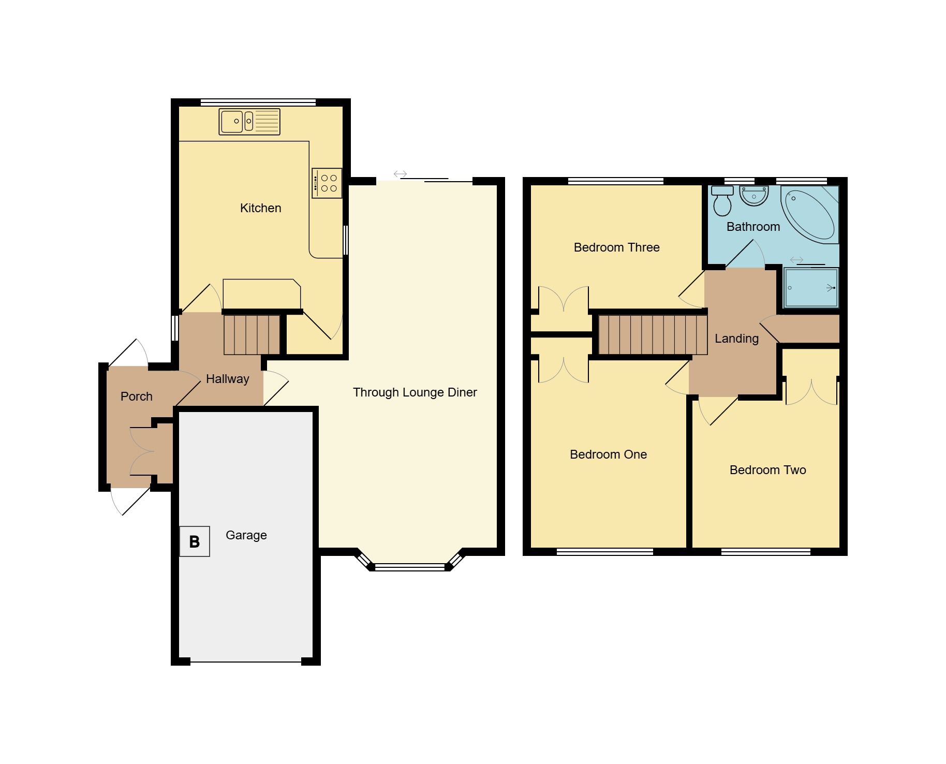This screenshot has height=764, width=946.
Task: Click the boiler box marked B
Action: click(x=195, y=541)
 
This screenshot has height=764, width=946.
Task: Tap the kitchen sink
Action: click(x=249, y=122)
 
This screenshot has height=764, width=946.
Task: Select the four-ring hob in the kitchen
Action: click(x=327, y=183)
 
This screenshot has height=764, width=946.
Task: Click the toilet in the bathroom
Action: click(x=722, y=200)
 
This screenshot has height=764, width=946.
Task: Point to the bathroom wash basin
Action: click(x=754, y=196)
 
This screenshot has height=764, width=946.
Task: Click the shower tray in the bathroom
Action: click(x=811, y=288)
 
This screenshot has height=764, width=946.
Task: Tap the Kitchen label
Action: click(x=260, y=208)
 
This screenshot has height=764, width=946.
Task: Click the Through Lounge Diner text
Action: click(x=415, y=392)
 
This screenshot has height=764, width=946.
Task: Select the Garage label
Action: click(x=246, y=535)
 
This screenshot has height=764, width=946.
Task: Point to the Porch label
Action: click(x=136, y=396)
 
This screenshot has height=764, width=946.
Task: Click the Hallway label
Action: click(x=227, y=379)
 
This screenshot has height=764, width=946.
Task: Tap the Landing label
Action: click(x=736, y=339)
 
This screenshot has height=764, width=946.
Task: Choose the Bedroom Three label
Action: click(x=616, y=247)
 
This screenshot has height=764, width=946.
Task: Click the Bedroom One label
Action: click(x=608, y=454)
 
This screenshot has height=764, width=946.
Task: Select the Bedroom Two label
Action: click(x=767, y=470)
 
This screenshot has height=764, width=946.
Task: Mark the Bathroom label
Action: click(x=753, y=227)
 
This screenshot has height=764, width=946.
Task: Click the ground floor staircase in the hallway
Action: click(x=252, y=335)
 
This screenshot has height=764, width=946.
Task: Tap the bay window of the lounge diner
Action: click(x=409, y=567)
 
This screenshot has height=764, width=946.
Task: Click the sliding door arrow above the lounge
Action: click(x=400, y=174)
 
